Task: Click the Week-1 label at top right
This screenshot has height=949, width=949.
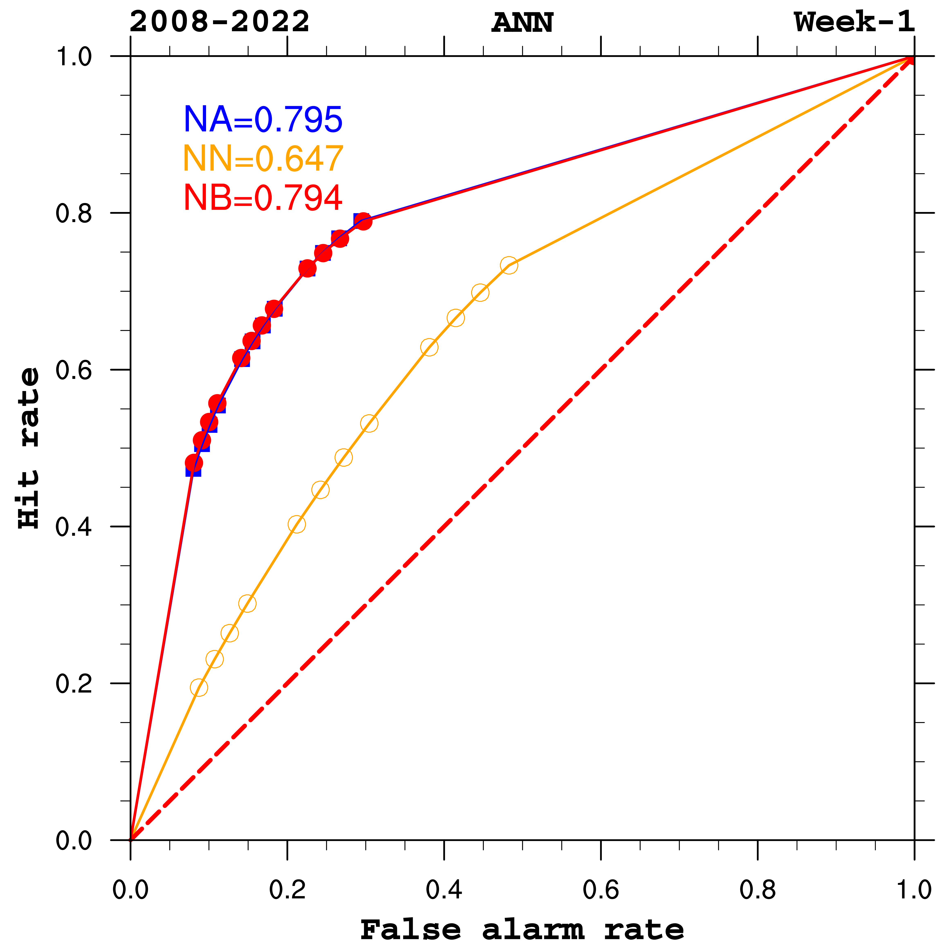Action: pos(854,22)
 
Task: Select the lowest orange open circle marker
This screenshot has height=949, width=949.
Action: pos(199,687)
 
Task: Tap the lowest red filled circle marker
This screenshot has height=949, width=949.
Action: pos(194,462)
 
